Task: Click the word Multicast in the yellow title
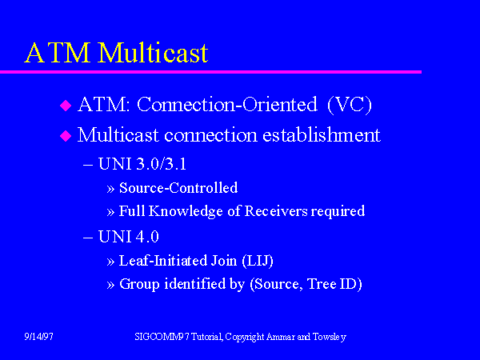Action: coord(153,53)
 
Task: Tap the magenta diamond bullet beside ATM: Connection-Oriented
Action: coord(66,106)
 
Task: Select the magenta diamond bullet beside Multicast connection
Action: coord(66,136)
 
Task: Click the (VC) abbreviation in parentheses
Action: coord(350,105)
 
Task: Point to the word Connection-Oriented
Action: coord(227,104)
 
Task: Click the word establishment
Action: coord(322,134)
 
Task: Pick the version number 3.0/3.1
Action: coord(161,164)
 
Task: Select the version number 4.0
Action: coord(146,237)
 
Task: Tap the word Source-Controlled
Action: coord(178,188)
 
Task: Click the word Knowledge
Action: coord(186,211)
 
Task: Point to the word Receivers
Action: coord(276,211)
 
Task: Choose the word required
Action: coord(338,211)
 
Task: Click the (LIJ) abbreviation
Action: coord(258,261)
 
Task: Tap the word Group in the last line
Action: coord(139,284)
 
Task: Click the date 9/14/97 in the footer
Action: coord(38,337)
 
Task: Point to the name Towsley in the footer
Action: coord(330,337)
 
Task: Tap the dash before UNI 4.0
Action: coord(88,238)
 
